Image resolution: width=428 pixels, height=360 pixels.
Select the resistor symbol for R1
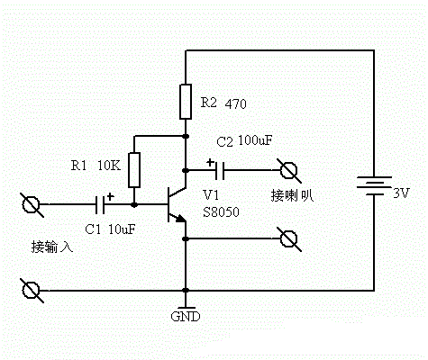(134, 168)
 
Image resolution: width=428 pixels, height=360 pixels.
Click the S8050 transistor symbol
(174, 205)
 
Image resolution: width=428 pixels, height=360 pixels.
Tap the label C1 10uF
(110, 229)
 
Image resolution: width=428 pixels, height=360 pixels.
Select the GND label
(185, 318)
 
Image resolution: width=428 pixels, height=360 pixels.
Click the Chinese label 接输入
(50, 246)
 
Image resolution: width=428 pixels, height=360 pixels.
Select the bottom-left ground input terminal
(32, 291)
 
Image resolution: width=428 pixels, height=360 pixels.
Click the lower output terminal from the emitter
(289, 238)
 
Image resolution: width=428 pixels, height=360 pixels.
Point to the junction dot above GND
(185, 291)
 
